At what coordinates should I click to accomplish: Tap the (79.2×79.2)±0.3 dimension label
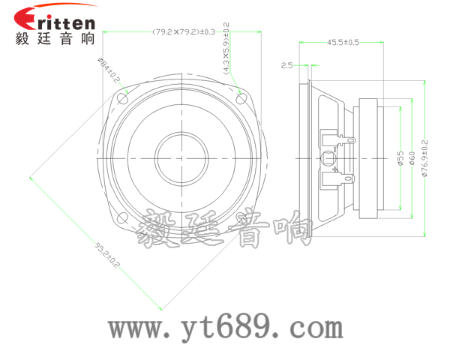point(183,31)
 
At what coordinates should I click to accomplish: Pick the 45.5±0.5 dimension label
point(343,42)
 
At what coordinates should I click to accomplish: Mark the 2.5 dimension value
point(286,66)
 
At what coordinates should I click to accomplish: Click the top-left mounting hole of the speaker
point(124,97)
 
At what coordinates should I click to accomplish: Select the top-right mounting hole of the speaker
point(241,97)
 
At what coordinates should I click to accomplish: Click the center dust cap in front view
point(183,157)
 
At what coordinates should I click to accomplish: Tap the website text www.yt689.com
point(225,328)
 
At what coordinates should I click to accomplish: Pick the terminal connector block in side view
point(335,157)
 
